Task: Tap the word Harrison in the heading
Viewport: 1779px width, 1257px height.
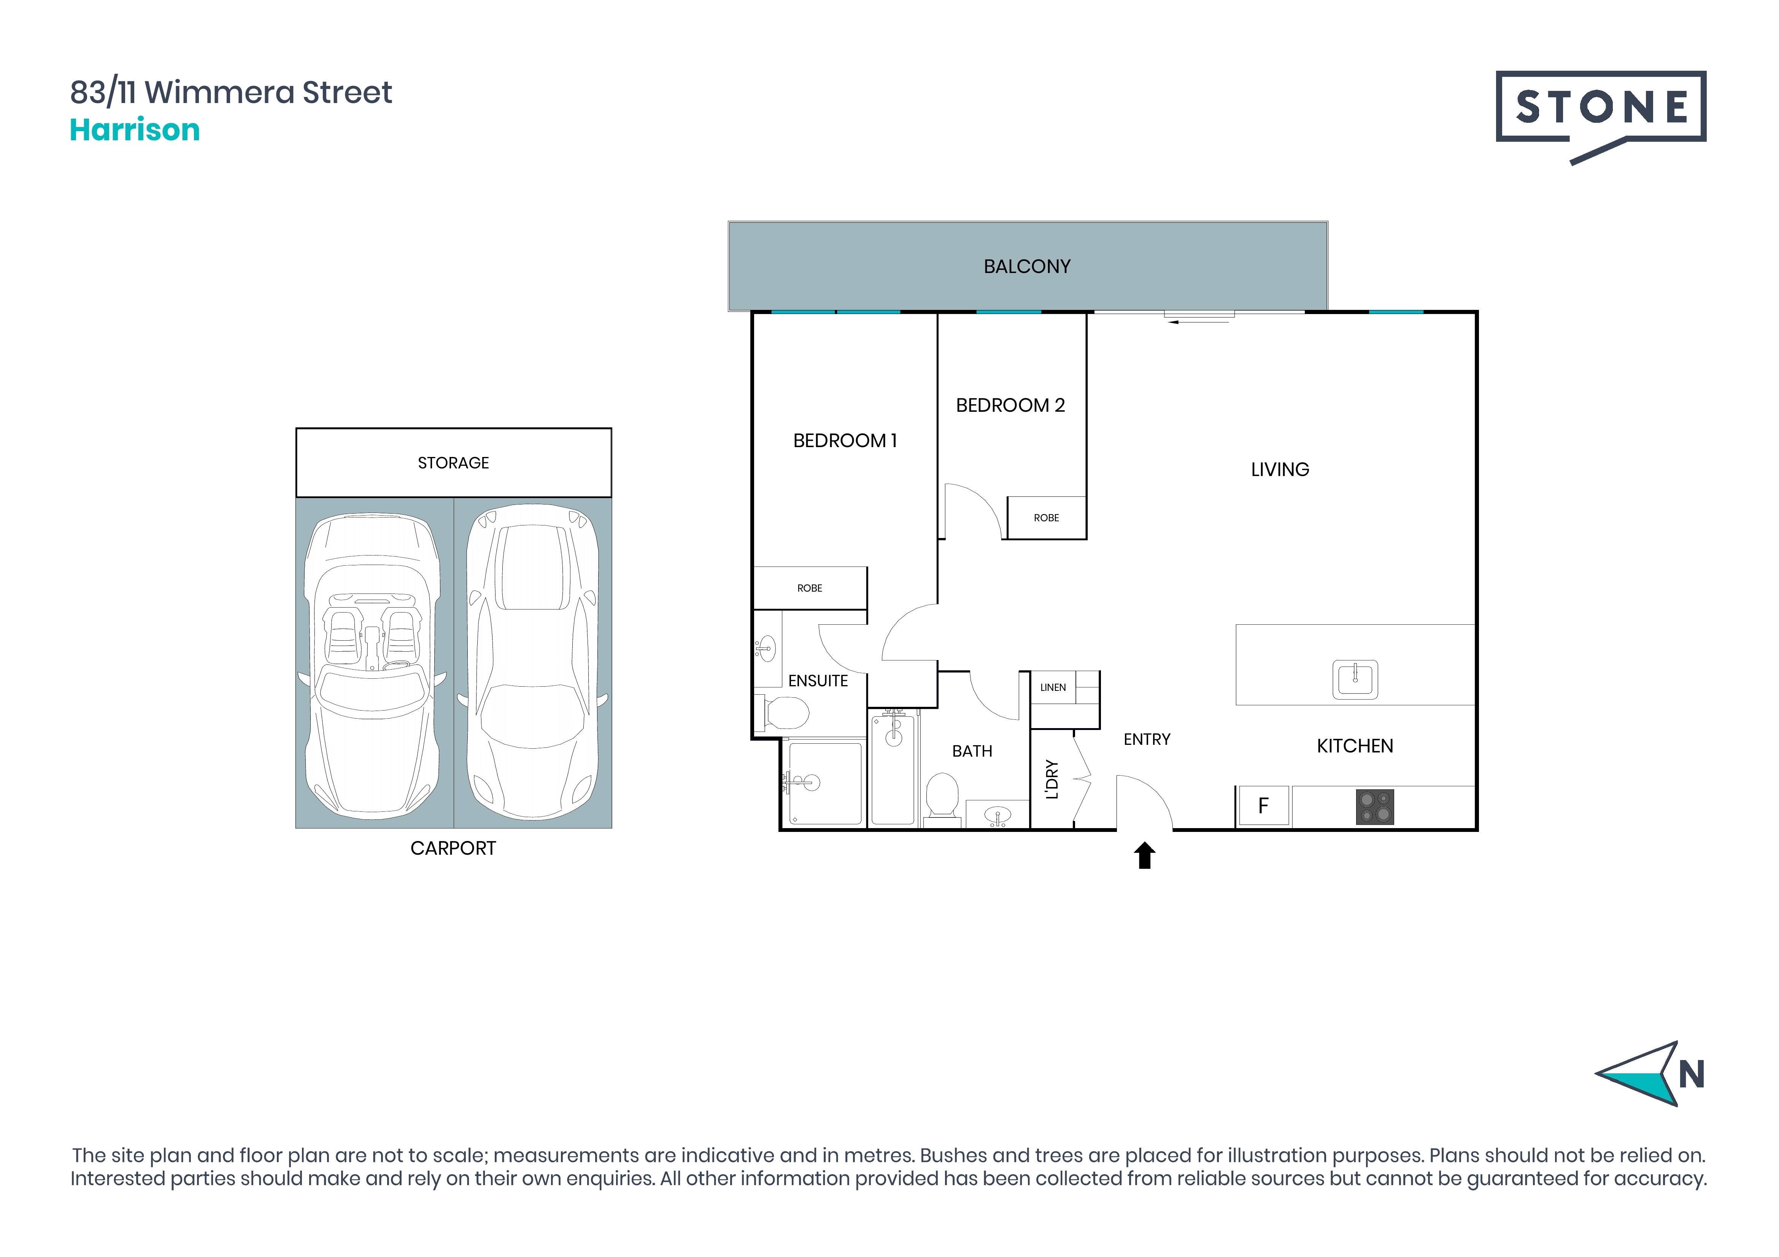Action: (135, 130)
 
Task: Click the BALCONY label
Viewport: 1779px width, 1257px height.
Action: (1027, 267)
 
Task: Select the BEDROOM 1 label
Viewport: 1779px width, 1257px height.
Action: (845, 441)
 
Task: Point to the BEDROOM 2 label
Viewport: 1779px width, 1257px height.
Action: (1010, 405)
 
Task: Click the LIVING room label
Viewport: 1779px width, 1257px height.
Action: (1280, 469)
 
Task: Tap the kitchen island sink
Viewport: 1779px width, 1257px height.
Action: (1355, 679)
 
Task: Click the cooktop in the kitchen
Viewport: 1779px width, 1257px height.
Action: (1375, 806)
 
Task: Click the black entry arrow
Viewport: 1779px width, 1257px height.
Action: (1144, 856)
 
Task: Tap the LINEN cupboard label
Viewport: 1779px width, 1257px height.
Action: (1053, 687)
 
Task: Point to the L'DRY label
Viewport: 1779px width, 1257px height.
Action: (1052, 779)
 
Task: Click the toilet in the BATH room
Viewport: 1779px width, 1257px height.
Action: (942, 794)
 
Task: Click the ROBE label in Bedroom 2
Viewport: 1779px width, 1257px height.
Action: (1046, 517)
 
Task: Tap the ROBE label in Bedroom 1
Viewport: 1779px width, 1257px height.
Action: (810, 588)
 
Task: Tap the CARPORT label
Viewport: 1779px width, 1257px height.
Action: (453, 848)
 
